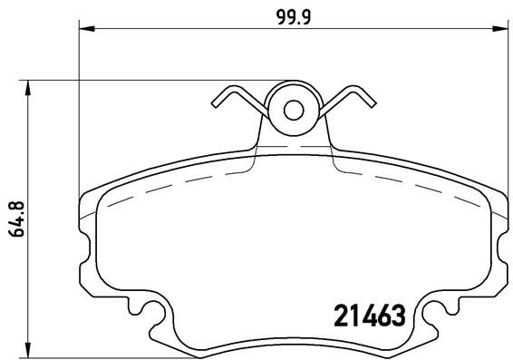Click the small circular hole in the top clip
[x=293, y=110]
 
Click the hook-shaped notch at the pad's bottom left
[x=153, y=314]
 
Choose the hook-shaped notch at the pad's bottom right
[x=431, y=314]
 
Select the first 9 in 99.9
[x=279, y=16]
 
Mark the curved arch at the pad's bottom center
[x=293, y=336]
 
